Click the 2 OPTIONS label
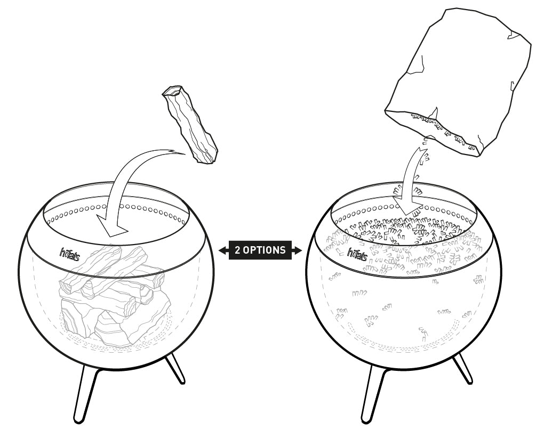[x=260, y=250]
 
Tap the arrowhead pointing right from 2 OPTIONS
[x=297, y=250]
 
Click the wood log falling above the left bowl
[x=190, y=125]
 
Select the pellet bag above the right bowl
[x=458, y=83]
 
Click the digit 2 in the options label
[x=238, y=250]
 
